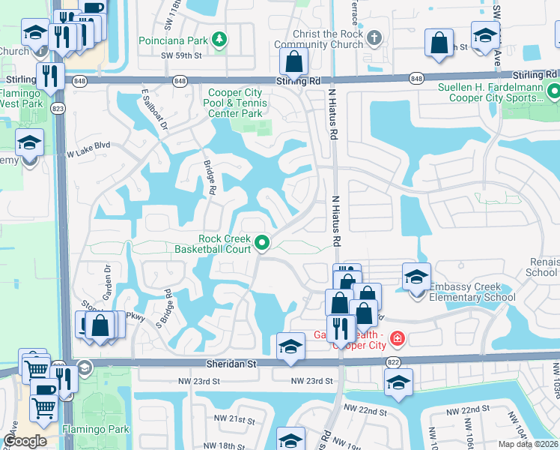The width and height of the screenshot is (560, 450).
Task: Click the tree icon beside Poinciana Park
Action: [x=219, y=39]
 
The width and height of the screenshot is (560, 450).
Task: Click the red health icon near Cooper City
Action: [x=395, y=338]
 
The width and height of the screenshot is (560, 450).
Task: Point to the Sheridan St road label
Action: [x=231, y=363]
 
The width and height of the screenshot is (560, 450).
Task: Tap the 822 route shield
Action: [x=393, y=361]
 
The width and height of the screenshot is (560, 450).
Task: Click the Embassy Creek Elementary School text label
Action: [x=472, y=298]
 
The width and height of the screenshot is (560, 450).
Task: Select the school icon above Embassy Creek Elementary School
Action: [x=416, y=277]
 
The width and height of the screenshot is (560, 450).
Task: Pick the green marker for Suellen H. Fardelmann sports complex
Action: [x=553, y=92]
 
